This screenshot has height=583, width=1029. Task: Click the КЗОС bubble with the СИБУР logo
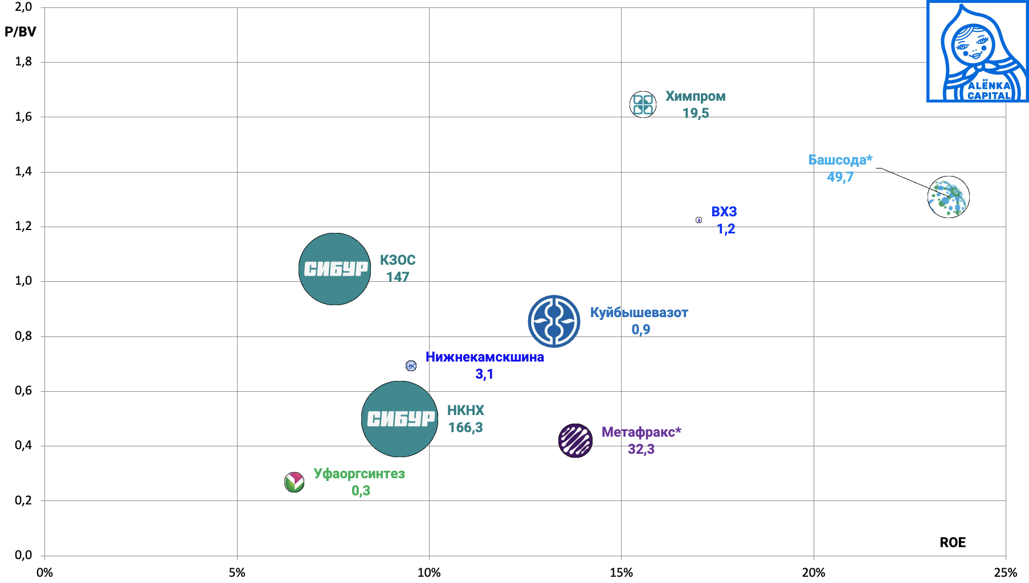click(x=334, y=269)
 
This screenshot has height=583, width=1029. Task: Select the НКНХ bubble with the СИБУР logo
click(x=399, y=419)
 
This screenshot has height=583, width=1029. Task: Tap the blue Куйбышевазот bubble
click(x=554, y=321)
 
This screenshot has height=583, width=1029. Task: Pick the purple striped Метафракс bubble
click(x=575, y=441)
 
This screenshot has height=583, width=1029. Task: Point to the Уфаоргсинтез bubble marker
click(x=294, y=482)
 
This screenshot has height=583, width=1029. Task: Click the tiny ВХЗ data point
click(x=699, y=220)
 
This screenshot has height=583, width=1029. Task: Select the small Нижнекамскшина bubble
click(x=411, y=366)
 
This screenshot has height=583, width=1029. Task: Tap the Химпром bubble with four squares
click(x=643, y=104)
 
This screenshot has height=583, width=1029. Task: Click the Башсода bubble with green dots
click(x=949, y=197)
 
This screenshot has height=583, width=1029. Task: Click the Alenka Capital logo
click(x=977, y=51)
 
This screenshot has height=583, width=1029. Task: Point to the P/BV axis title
click(x=20, y=32)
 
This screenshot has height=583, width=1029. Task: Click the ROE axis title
click(x=953, y=543)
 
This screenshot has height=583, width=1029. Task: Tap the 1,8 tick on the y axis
click(x=23, y=61)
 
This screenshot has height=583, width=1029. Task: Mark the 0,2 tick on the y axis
click(x=23, y=500)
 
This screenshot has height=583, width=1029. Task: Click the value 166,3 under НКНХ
click(x=465, y=428)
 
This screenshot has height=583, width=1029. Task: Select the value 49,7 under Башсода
click(x=840, y=177)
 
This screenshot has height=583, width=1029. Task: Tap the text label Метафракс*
click(x=641, y=432)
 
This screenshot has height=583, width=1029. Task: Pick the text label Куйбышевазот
click(x=639, y=313)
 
